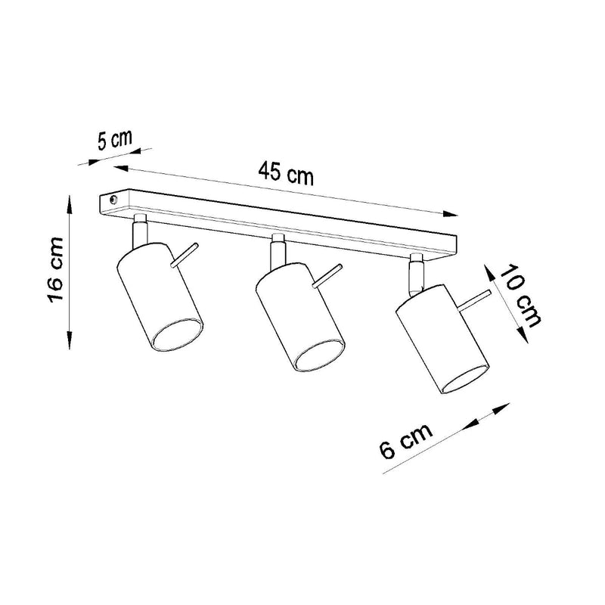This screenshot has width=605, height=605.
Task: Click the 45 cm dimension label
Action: point(285,173)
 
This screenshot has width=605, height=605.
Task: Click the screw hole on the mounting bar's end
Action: point(112,200)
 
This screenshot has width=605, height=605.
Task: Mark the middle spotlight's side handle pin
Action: point(327,276)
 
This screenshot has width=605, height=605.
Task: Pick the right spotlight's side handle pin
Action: point(476,300)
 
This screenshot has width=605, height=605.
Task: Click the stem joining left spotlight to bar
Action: point(139,230)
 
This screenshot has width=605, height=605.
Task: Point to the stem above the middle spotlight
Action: point(276,250)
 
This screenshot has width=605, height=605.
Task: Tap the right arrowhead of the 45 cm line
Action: point(453,214)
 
